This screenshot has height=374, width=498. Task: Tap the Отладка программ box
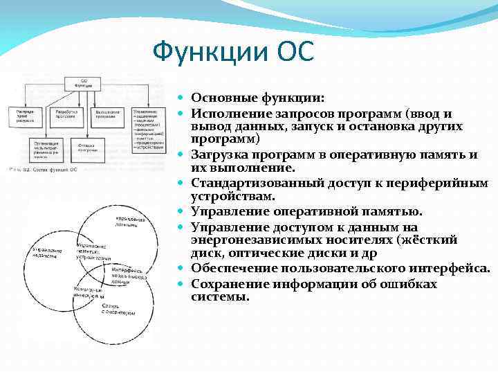[x=89, y=146]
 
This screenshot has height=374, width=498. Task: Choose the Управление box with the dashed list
[x=147, y=128]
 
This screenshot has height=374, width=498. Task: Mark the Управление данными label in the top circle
[x=129, y=220]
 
